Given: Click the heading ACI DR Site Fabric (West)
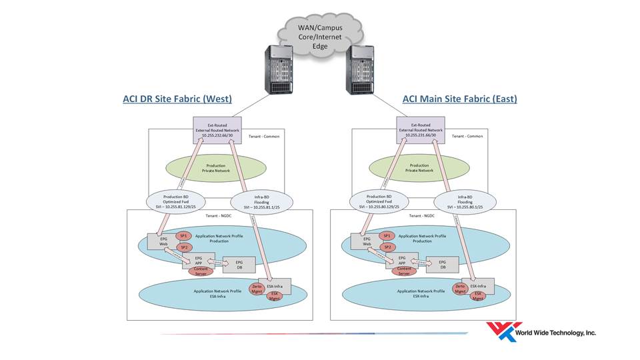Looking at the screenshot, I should [x=177, y=99].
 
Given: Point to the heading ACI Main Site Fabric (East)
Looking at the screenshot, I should [x=460, y=99].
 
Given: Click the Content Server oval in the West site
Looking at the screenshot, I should [x=200, y=271].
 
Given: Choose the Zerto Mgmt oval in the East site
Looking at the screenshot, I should [x=459, y=289].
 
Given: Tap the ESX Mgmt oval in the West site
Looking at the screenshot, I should [x=274, y=296].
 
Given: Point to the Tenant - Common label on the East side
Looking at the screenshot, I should [x=467, y=136].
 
